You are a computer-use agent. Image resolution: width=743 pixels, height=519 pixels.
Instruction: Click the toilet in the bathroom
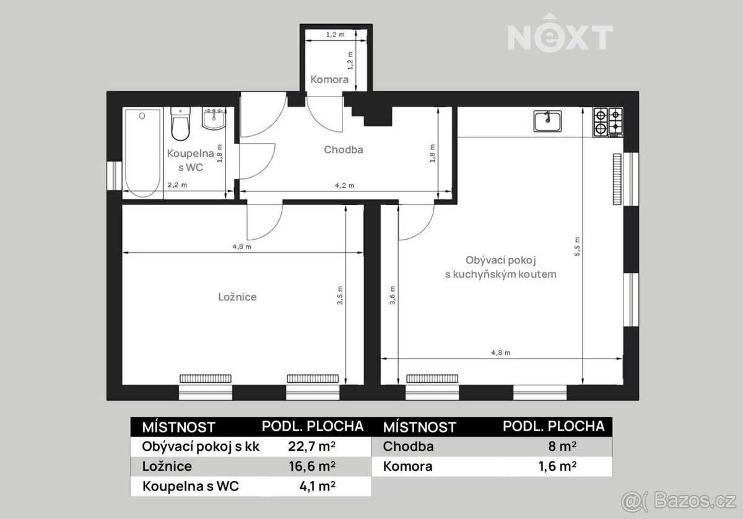pyautogui.click(x=180, y=123)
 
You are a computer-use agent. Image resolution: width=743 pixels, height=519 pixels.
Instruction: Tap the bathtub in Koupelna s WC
pyautogui.click(x=142, y=153)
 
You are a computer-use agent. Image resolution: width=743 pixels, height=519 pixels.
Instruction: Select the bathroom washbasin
pyautogui.click(x=214, y=118)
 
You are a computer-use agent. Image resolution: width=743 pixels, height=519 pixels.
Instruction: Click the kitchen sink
pyautogui.click(x=547, y=121)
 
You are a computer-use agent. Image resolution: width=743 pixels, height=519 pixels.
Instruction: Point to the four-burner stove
pyautogui.click(x=608, y=122)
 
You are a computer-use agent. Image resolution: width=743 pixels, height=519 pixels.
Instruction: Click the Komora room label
pyautogui.click(x=329, y=80)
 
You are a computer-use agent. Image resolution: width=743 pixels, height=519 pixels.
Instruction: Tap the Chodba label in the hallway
pyautogui.click(x=343, y=150)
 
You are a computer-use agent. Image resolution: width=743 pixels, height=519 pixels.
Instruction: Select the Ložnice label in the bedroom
pyautogui.click(x=237, y=297)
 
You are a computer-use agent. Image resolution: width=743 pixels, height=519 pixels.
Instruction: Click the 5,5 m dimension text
pyautogui.click(x=577, y=246)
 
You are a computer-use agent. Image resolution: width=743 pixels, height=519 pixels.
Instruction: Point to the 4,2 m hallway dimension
pyautogui.click(x=345, y=186)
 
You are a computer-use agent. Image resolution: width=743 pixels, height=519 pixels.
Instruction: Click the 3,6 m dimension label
pyautogui.click(x=393, y=295)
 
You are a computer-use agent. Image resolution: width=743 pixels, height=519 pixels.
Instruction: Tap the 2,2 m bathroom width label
pyautogui.click(x=177, y=185)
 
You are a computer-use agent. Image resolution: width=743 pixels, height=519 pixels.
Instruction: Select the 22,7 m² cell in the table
pyautogui.click(x=311, y=447)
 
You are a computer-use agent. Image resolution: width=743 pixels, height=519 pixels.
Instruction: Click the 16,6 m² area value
pyautogui.click(x=312, y=466)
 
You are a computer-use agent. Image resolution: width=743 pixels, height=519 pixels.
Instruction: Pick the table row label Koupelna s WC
pyautogui.click(x=191, y=486)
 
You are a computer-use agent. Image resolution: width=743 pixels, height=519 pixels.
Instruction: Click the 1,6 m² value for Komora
pyautogui.click(x=557, y=466)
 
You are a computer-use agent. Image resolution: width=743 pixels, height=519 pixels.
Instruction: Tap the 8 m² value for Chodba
pyautogui.click(x=562, y=447)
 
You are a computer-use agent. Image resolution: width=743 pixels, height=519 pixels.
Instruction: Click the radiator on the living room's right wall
pyautogui.click(x=617, y=179)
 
